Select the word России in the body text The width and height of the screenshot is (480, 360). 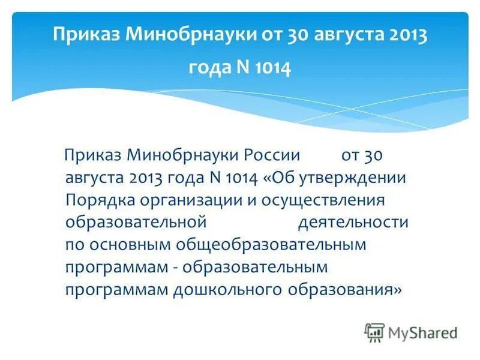pos(272,156)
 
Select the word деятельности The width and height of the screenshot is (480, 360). pos(353,223)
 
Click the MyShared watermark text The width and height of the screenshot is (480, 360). pos(422,332)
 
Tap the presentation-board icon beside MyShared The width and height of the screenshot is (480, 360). pos(374,332)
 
